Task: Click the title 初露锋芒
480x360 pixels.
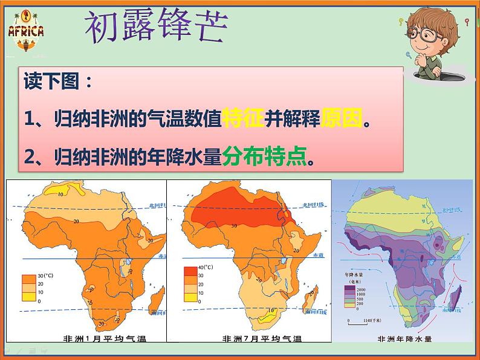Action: pyautogui.click(x=156, y=27)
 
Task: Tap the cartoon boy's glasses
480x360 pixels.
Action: pyautogui.click(x=426, y=36)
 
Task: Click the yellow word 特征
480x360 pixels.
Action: pyautogui.click(x=242, y=118)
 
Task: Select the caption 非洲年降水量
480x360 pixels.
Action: pyautogui.click(x=404, y=338)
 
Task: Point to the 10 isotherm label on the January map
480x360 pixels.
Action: pyautogui.click(x=60, y=194)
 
